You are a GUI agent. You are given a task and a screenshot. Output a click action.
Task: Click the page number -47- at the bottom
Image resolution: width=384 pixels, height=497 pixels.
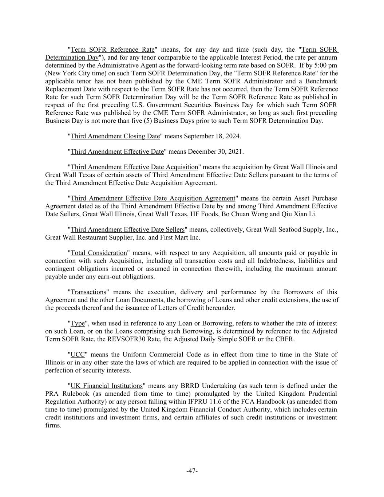192,471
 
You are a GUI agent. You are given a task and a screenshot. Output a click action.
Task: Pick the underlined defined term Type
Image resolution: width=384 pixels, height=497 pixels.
78,323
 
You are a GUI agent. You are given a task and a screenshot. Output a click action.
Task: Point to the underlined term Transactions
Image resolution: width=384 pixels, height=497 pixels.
88,292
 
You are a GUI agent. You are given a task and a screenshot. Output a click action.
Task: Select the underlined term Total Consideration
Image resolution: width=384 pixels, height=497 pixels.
99,253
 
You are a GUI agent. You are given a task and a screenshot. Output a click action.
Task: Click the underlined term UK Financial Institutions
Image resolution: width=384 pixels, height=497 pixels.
106,386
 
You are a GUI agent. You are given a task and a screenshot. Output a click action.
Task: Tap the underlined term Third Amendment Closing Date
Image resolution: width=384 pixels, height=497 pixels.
115,136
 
